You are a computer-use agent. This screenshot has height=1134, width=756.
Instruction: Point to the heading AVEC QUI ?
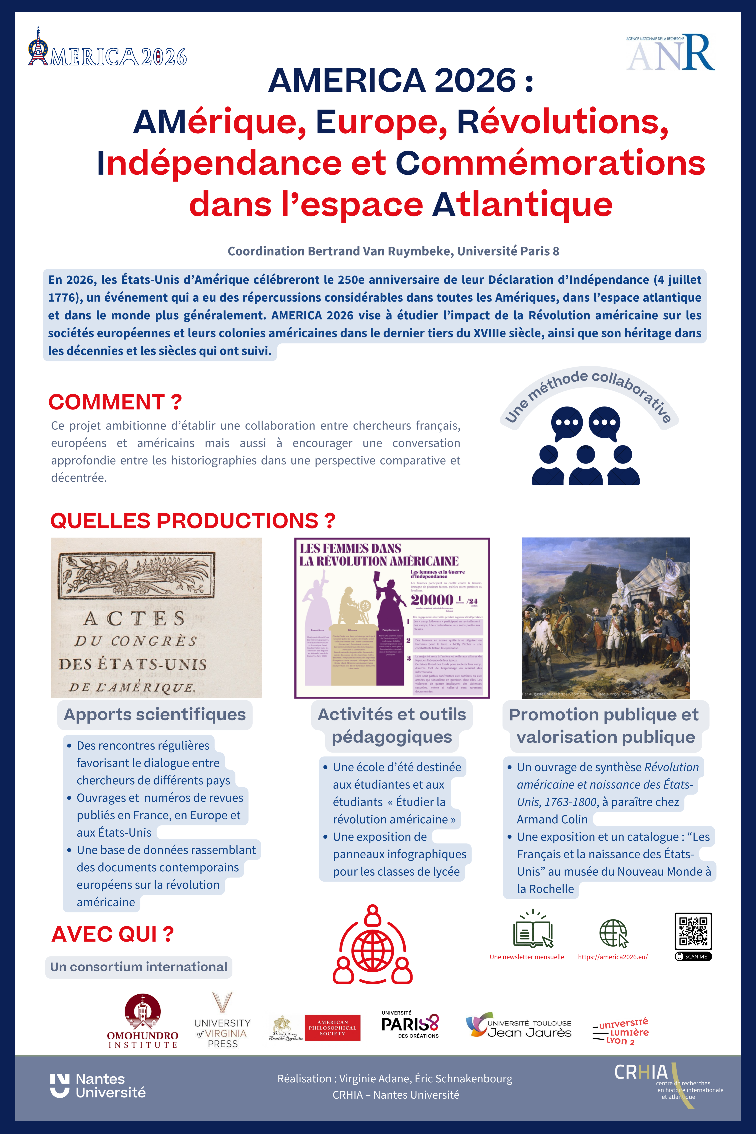112,934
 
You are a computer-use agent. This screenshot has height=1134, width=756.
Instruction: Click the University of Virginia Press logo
222,1021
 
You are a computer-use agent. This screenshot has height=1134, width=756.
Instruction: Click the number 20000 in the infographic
432,600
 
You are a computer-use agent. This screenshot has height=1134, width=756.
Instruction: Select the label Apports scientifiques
155,715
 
